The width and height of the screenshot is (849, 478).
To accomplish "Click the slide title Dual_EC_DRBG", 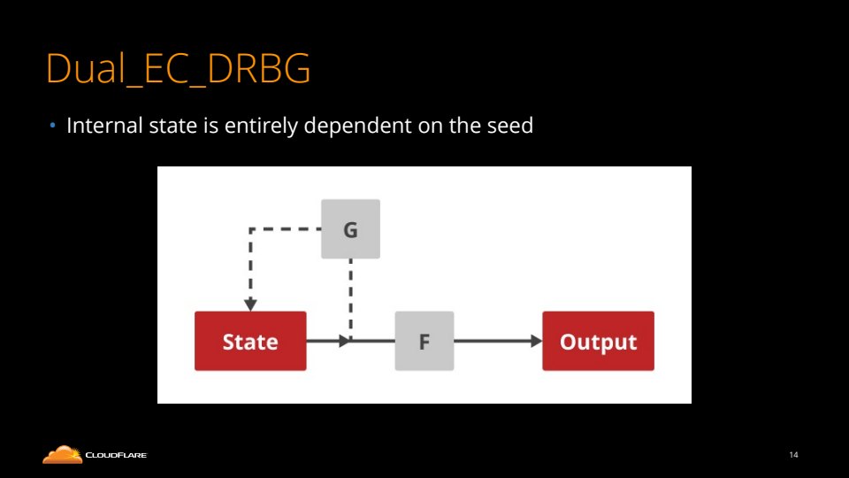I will click(178, 70).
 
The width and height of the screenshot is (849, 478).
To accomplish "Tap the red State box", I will click(250, 341).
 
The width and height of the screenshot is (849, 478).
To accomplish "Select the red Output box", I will click(598, 341).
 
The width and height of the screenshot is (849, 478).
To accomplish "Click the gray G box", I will click(350, 229).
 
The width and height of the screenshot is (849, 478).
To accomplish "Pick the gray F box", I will click(424, 341).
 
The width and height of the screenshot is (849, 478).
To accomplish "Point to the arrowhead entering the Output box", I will click(536, 341).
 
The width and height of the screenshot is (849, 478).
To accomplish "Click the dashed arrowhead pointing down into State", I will click(250, 305).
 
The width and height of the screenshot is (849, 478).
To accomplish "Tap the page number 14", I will click(793, 455).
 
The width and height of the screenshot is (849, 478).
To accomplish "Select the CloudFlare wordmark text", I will click(116, 456).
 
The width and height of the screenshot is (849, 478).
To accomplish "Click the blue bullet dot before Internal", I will click(52, 126).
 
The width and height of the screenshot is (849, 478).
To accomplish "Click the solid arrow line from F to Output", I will click(491, 341).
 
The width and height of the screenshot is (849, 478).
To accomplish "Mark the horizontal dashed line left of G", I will click(285, 229).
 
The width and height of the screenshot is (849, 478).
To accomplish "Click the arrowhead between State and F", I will click(344, 341).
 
